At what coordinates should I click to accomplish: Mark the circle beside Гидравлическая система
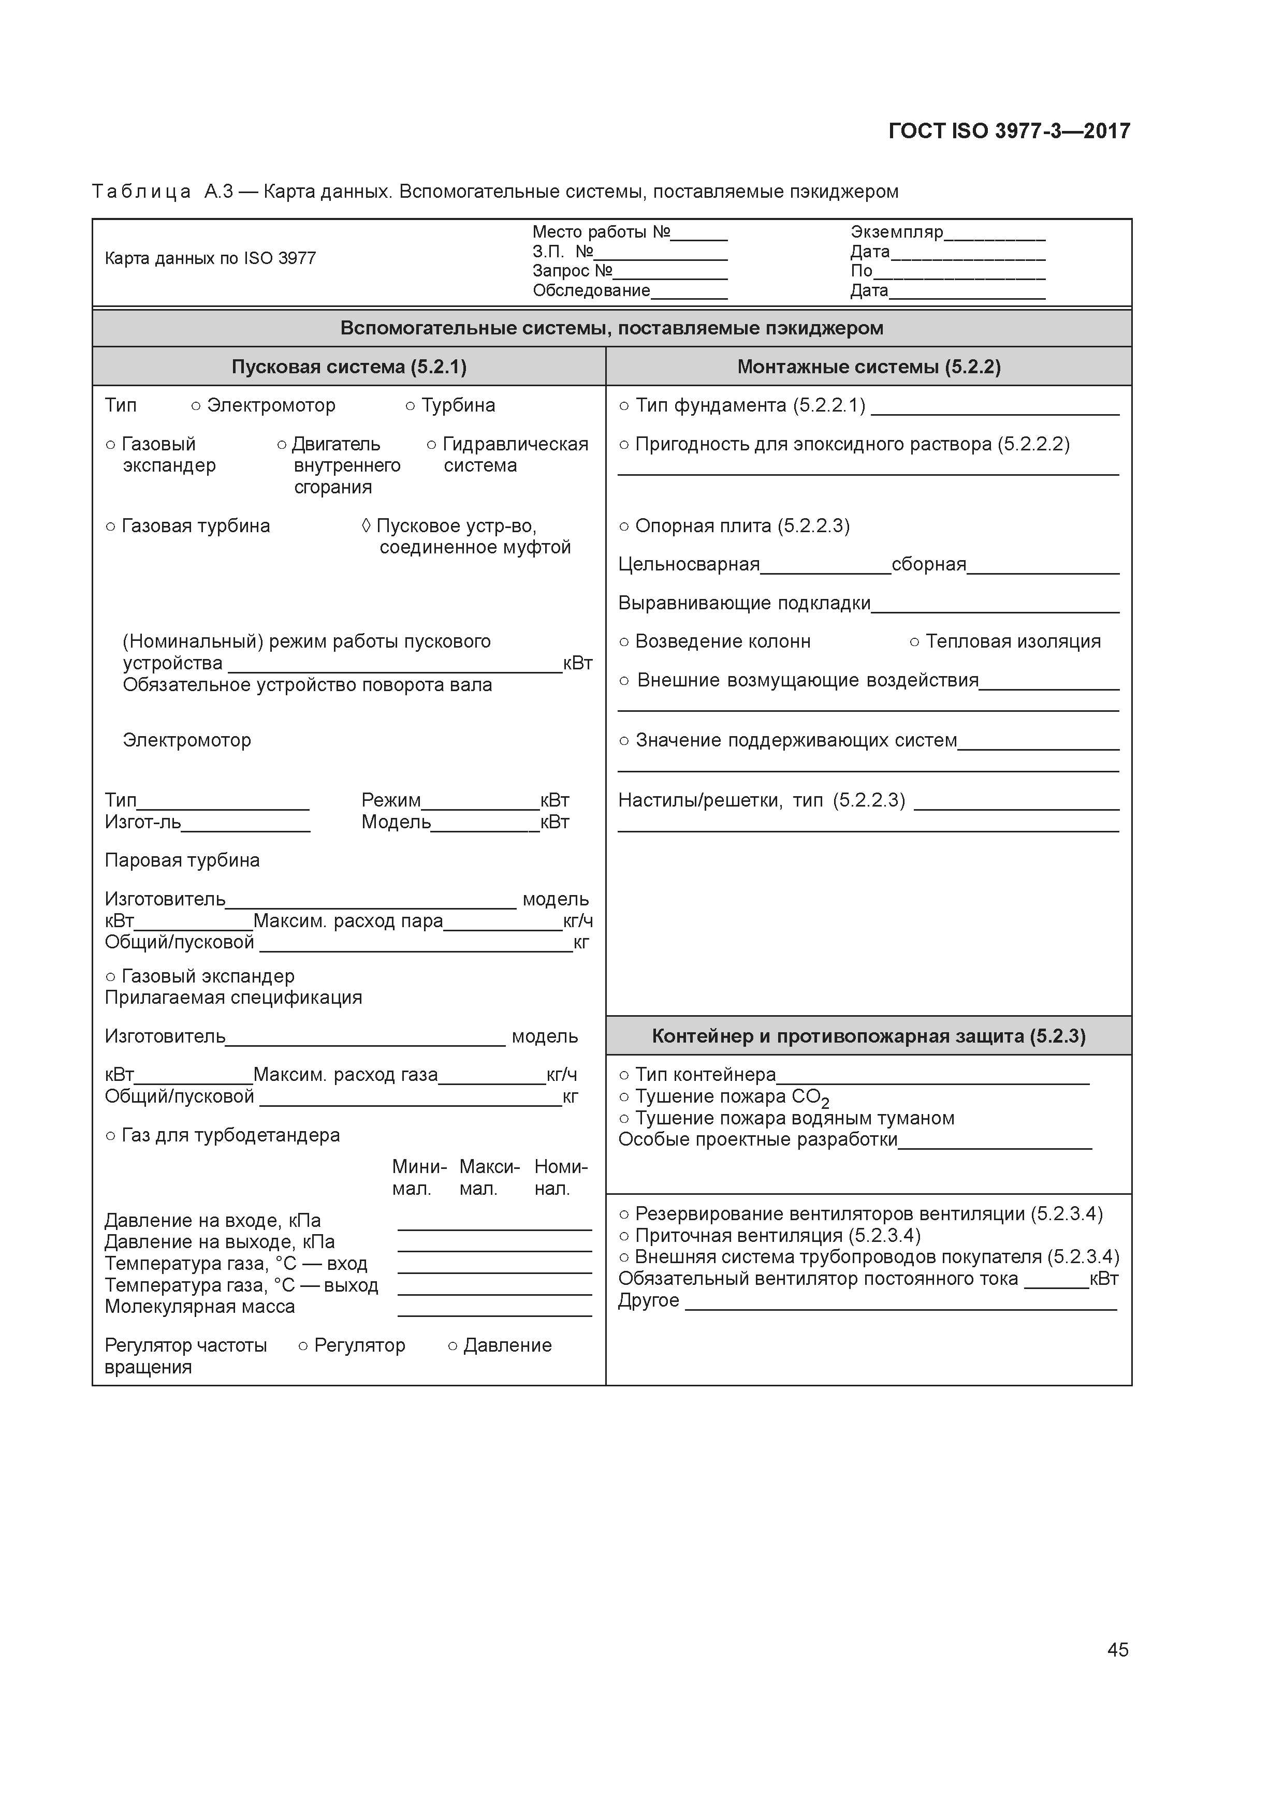[431, 445]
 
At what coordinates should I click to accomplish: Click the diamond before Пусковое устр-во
[366, 526]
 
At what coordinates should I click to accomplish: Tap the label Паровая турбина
[182, 860]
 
